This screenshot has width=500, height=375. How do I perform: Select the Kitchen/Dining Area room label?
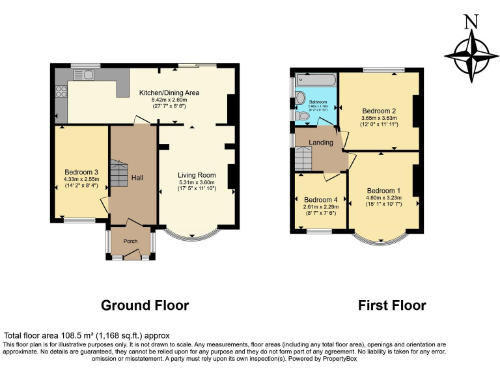coord(169,93)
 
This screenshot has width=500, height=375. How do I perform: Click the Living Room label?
coord(197,174)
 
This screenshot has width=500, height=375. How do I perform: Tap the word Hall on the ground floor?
coord(137,177)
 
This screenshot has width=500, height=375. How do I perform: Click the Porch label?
coord(130,241)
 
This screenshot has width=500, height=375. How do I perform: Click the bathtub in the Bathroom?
coord(316,80)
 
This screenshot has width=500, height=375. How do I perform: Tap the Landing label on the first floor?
coord(321,143)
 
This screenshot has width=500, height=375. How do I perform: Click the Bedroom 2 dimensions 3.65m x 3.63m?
coord(378,118)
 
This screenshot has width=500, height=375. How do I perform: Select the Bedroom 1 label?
coord(383,191)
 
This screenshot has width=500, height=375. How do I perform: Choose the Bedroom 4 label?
coord(320,199)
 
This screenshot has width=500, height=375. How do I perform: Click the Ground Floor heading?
coord(145,305)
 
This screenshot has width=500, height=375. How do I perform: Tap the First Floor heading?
coord(391,305)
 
